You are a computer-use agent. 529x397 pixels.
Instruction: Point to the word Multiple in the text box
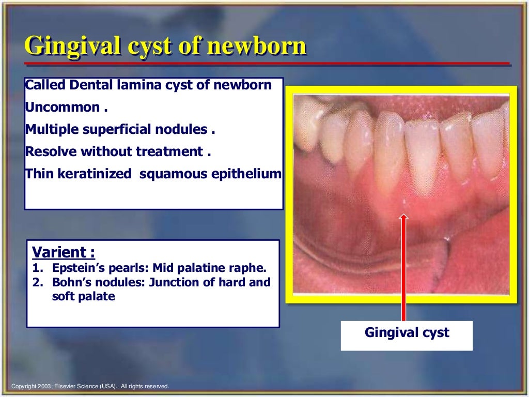coord(49,130)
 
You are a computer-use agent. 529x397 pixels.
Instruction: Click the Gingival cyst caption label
coord(407,333)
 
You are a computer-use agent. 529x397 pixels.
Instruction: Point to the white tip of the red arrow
coord(403,216)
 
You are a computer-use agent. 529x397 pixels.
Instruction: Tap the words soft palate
coord(83,297)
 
